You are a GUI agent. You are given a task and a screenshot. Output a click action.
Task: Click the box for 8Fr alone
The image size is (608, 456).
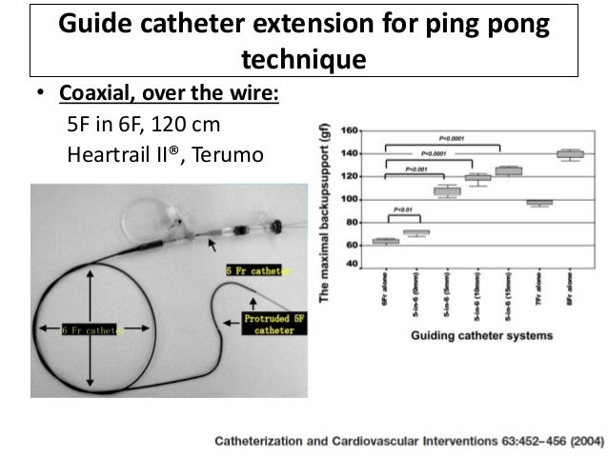[570, 153]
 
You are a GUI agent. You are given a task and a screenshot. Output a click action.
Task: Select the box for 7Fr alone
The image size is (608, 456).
[538, 202]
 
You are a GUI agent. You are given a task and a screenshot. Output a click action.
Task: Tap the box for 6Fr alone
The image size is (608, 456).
[385, 241]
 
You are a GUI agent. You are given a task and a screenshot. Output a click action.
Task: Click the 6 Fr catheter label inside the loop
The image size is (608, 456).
[91, 330]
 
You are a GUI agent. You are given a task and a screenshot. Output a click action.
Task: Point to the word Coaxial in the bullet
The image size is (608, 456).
[87, 97]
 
